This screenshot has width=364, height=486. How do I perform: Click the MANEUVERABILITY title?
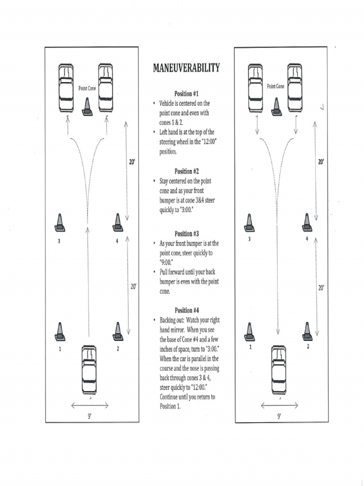(x=186, y=68)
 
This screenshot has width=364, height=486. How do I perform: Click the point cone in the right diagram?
(x=276, y=107)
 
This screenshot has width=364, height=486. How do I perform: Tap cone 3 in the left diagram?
(x=59, y=223)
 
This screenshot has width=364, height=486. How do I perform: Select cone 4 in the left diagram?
(x=118, y=223)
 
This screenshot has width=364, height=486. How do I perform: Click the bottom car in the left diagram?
(x=89, y=370)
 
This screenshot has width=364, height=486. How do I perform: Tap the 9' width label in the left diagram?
(x=90, y=416)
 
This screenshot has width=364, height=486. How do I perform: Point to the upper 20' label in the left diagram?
(x=133, y=162)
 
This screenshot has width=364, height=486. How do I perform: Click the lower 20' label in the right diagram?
(x=321, y=288)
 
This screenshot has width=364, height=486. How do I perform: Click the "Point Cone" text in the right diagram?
(x=275, y=86)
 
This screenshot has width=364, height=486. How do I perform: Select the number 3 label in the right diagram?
(x=249, y=239)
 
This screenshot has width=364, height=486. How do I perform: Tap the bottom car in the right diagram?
(x=279, y=369)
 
